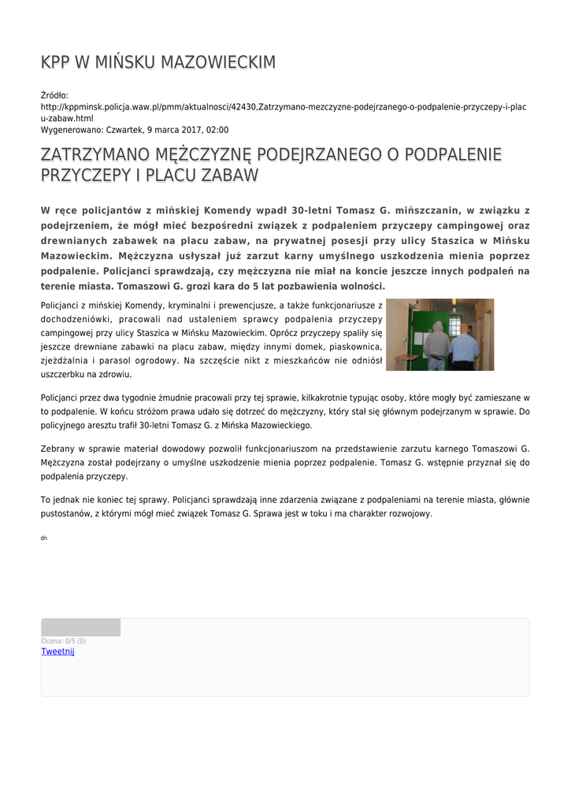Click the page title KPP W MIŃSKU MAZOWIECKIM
tap(158, 62)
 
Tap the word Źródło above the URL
tap(55, 95)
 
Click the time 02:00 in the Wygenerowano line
tap(218, 130)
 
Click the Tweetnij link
tap(57, 652)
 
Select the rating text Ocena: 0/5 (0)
tap(64, 641)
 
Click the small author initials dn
tap(44, 537)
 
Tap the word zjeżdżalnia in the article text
tap(69, 360)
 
